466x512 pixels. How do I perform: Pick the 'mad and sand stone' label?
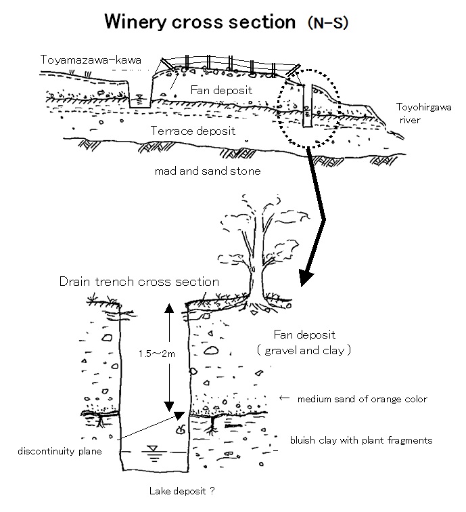click(x=207, y=171)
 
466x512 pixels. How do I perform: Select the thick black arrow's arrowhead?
click(x=308, y=278)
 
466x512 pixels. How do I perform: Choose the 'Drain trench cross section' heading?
click(x=139, y=281)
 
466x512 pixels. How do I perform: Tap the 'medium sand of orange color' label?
click(x=362, y=399)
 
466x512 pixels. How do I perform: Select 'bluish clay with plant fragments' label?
click(x=360, y=440)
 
